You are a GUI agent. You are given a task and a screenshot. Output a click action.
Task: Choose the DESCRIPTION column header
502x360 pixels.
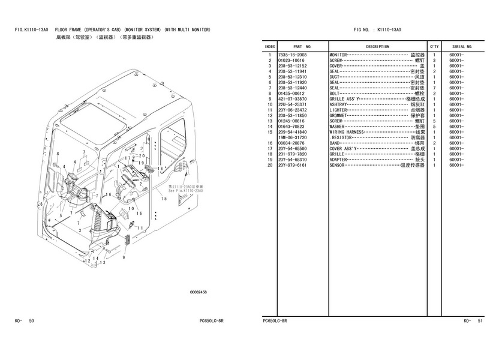point(377,46)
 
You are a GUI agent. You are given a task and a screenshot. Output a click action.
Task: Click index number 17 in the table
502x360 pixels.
point(270,148)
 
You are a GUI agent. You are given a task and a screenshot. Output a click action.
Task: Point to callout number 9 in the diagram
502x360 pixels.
point(124,256)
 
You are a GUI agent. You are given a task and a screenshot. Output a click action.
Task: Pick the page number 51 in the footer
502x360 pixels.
point(480,321)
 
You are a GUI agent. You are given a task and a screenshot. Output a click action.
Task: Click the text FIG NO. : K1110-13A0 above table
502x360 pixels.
point(377,29)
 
